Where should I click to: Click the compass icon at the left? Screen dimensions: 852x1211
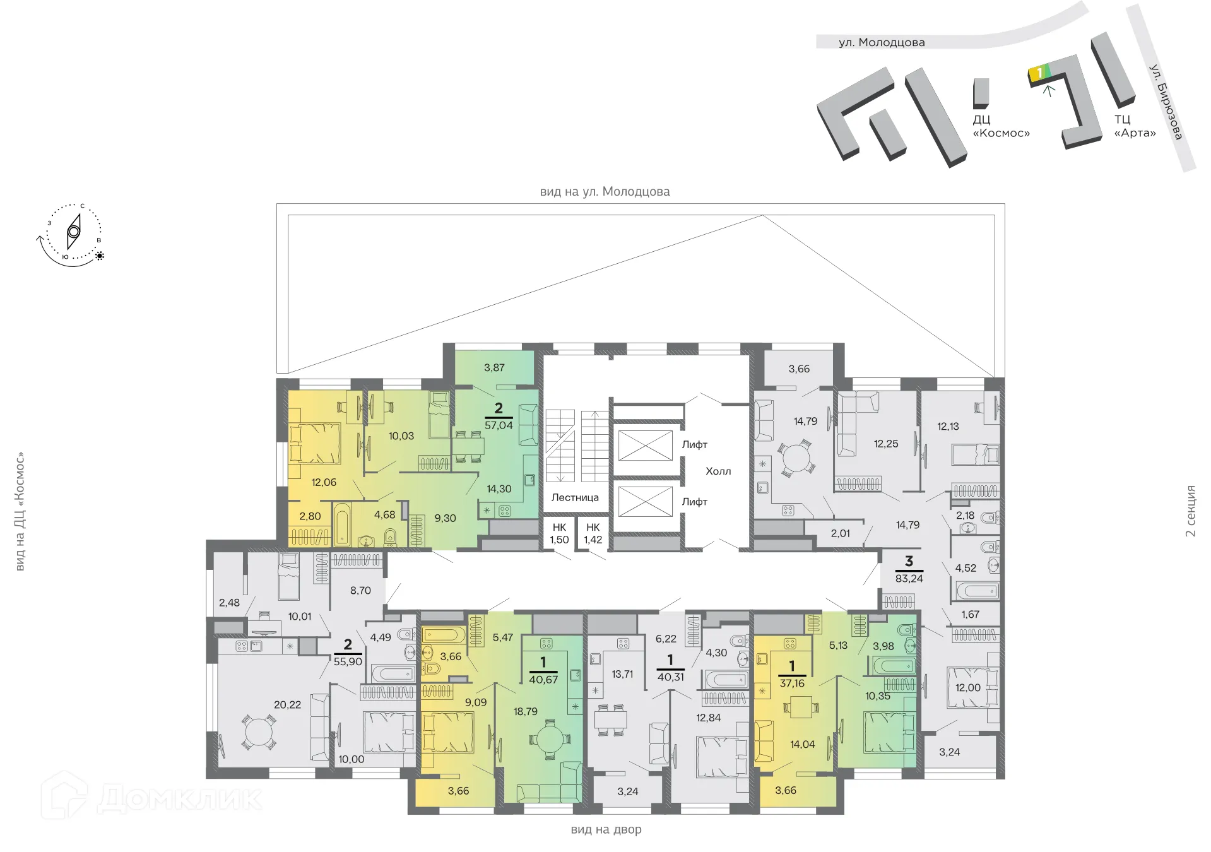(73, 232)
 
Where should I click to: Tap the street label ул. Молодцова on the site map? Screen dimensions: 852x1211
(881, 42)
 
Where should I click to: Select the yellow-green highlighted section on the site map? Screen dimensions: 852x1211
(1039, 73)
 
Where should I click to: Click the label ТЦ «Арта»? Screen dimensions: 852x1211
(1134, 126)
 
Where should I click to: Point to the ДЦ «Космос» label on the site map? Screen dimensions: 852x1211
(1001, 126)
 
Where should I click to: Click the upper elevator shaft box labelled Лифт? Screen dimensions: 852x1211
(645, 446)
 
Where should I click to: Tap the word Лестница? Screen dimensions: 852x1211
(575, 497)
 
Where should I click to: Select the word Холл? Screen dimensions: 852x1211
(718, 471)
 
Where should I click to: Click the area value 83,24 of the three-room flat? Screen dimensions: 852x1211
(909, 578)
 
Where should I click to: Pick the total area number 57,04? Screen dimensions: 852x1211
(499, 425)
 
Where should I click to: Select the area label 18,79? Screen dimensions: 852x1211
(525, 711)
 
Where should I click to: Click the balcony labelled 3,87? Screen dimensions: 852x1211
(494, 367)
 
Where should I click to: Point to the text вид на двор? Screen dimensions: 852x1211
(606, 829)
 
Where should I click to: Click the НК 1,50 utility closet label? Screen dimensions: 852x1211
(559, 533)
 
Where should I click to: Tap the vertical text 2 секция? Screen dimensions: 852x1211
(1190, 511)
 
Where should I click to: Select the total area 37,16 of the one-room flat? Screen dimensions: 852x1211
(792, 683)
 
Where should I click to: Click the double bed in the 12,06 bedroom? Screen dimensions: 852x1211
(315, 443)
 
